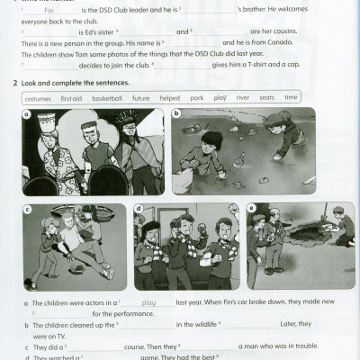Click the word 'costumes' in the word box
click(39, 97)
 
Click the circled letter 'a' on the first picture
click(26, 114)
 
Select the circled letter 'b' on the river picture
click(176, 113)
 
